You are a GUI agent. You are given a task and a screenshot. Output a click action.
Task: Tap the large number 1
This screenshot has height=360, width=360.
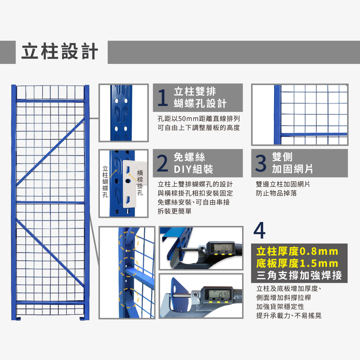163,97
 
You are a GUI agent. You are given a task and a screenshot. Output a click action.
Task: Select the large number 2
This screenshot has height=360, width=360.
163,163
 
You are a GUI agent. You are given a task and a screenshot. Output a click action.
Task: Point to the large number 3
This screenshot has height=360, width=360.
261,163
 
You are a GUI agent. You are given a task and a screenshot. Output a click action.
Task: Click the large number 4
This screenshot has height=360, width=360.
259,231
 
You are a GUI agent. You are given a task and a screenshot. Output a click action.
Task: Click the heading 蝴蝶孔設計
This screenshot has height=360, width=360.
200,103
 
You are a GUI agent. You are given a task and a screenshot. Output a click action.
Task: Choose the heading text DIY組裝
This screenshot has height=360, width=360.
193,169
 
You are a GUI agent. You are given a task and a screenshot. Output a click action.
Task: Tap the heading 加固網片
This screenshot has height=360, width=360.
292,169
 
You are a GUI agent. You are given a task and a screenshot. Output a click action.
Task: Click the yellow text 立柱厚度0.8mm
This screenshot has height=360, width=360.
297,251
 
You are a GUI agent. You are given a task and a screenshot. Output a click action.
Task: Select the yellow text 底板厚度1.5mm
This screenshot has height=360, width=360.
297,263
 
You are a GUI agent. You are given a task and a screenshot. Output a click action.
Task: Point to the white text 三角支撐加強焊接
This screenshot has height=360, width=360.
299,275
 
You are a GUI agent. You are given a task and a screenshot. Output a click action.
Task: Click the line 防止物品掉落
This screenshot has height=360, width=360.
276,193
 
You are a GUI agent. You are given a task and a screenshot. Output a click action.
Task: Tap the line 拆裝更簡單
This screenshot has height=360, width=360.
175,211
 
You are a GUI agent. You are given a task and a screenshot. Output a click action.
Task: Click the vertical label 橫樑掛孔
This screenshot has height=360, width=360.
140,183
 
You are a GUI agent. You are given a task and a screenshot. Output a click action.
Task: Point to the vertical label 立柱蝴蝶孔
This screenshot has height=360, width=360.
105,181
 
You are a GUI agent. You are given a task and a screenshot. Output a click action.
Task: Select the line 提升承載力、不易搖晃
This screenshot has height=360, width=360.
289,316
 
